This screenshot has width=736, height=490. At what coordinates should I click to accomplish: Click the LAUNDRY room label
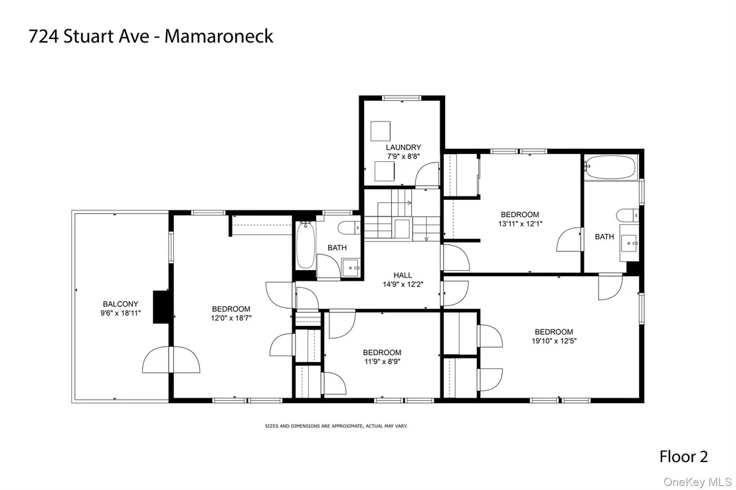point(403,147)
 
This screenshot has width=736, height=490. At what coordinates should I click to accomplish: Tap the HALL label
point(403,276)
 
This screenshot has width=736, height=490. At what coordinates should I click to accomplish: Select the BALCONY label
point(121,304)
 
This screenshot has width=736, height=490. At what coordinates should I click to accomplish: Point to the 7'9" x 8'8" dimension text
point(403,157)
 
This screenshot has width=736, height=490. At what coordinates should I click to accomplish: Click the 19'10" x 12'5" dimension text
point(554,341)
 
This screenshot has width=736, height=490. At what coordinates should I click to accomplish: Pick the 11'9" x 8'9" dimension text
point(382,361)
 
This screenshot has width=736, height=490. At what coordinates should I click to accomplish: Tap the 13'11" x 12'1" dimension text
point(520,224)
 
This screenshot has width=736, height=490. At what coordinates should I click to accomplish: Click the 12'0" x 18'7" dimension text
point(231,318)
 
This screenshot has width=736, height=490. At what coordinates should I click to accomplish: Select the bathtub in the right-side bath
point(610,167)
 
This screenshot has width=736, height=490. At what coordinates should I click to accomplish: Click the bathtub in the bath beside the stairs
point(305,245)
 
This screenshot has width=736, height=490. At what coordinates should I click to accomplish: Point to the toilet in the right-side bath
point(628,215)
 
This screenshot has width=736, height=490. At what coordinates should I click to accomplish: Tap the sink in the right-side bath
point(629,243)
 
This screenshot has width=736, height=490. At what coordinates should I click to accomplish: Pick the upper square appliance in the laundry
point(380,131)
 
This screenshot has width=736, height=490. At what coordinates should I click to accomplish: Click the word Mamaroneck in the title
point(219,36)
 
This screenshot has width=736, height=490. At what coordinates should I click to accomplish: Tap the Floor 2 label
point(684,456)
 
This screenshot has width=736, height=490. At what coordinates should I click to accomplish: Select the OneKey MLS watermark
point(697,482)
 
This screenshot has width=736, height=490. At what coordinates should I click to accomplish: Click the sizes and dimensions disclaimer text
point(336,426)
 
